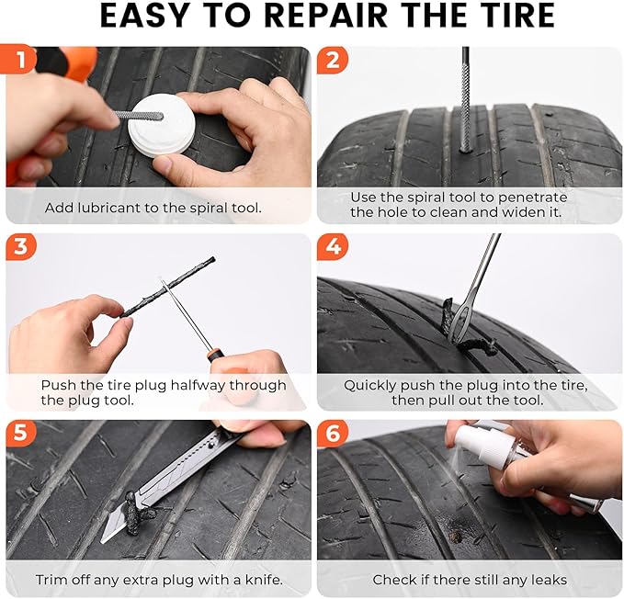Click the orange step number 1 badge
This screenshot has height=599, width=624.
tap(19, 61)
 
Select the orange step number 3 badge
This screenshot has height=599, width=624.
tap(19, 247)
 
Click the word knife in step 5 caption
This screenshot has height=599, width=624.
tap(259, 580)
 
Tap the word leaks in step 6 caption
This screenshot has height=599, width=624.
tap(548, 580)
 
